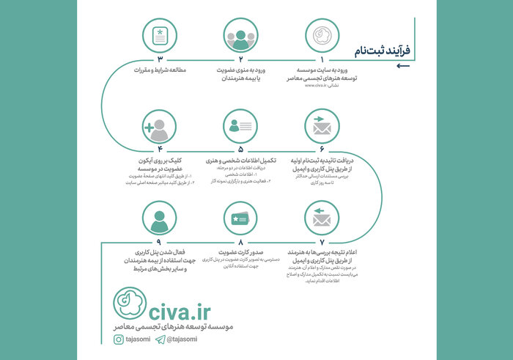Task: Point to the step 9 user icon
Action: [x=158, y=219]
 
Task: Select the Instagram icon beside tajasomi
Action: [x=118, y=339]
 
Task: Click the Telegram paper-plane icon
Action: [x=160, y=339]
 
